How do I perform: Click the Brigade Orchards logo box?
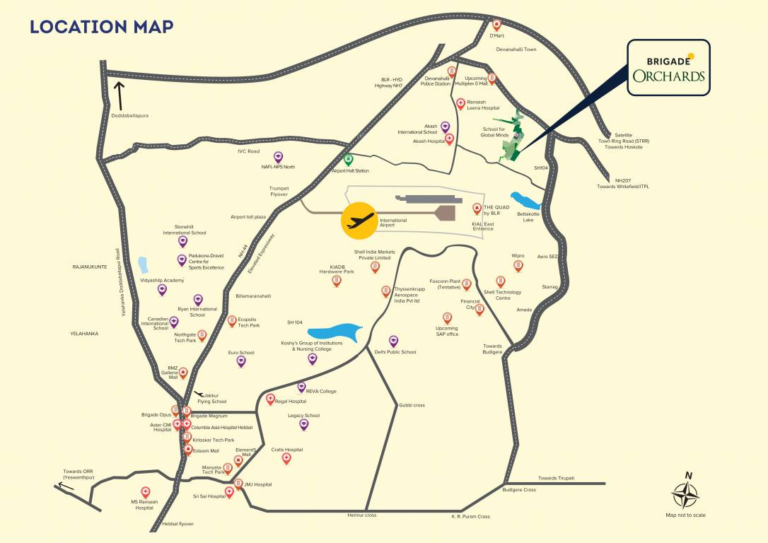tap(668, 68)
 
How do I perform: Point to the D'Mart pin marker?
tap(496, 24)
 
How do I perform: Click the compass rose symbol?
tap(685, 494)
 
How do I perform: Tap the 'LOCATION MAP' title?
tap(102, 27)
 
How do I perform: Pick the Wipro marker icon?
tap(518, 266)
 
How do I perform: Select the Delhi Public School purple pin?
tap(394, 341)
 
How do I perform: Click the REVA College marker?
tap(301, 387)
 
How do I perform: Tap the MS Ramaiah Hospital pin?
tap(146, 492)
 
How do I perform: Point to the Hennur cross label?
tap(361, 515)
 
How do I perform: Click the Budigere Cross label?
tap(519, 490)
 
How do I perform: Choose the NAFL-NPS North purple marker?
tap(278, 156)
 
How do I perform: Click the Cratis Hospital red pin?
tap(286, 458)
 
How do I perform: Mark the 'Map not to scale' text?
tap(685, 515)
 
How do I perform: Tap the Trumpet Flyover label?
tap(279, 192)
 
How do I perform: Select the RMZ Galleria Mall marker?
tap(183, 372)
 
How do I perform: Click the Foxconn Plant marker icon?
tap(466, 284)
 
